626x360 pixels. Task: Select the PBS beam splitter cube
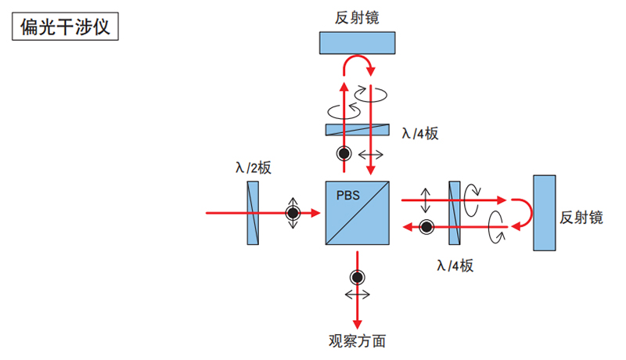click(357, 212)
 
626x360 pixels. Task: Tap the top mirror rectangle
click(357, 43)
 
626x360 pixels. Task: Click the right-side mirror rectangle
click(545, 213)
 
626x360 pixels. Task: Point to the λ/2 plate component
click(253, 212)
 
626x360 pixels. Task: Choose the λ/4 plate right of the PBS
click(454, 212)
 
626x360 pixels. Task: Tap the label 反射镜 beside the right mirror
click(581, 218)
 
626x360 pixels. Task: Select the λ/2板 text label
click(253, 167)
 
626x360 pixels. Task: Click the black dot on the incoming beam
click(293, 212)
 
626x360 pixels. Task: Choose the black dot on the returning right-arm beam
click(426, 227)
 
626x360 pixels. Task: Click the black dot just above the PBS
click(344, 153)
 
